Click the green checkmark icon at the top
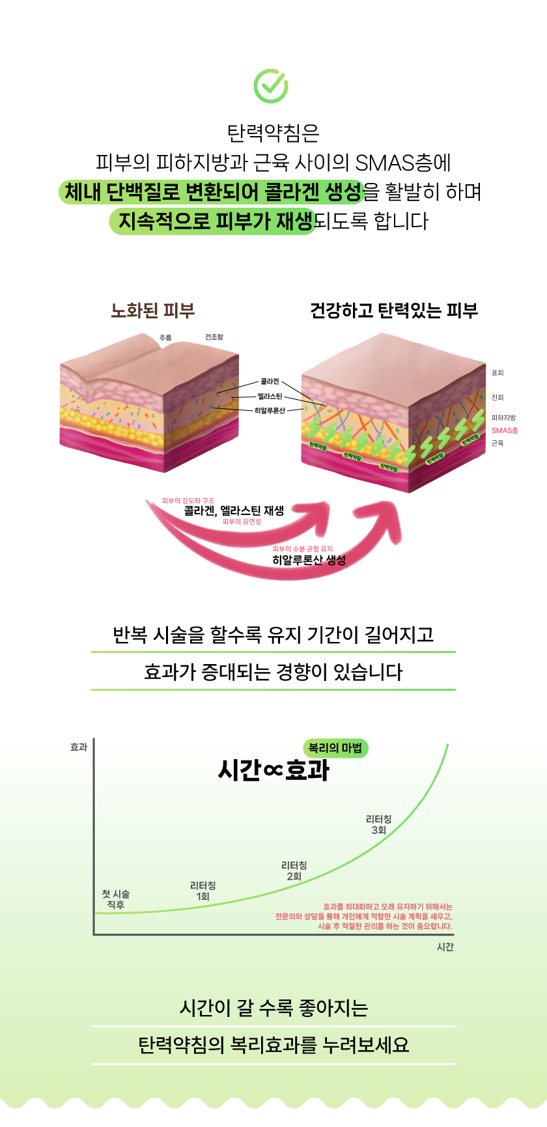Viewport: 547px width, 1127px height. [x=270, y=86]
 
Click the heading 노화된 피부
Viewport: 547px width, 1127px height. [x=153, y=311]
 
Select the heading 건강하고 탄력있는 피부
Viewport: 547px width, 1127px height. [x=394, y=311]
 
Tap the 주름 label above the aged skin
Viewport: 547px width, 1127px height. [x=165, y=338]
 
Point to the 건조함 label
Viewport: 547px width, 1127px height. [x=214, y=337]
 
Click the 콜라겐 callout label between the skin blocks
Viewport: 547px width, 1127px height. [x=270, y=382]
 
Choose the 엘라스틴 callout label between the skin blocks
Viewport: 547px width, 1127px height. [x=270, y=396]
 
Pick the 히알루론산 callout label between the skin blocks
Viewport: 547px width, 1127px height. [x=270, y=411]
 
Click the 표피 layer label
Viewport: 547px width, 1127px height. [x=498, y=373]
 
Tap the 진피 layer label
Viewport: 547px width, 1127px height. [x=498, y=397]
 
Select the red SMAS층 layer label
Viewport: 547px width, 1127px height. [x=505, y=430]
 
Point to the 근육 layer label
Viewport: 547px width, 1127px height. [x=498, y=443]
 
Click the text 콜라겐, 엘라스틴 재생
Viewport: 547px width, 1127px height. [x=234, y=511]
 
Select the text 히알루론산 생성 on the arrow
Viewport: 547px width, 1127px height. [x=309, y=560]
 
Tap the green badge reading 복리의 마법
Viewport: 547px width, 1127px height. [x=335, y=748]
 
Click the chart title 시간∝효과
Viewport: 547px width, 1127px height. [x=273, y=770]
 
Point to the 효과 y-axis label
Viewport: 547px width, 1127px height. [x=79, y=747]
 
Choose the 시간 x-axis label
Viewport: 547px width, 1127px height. [x=445, y=947]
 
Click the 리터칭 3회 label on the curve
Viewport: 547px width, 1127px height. [x=378, y=824]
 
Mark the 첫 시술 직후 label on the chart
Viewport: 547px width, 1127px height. [x=116, y=899]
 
